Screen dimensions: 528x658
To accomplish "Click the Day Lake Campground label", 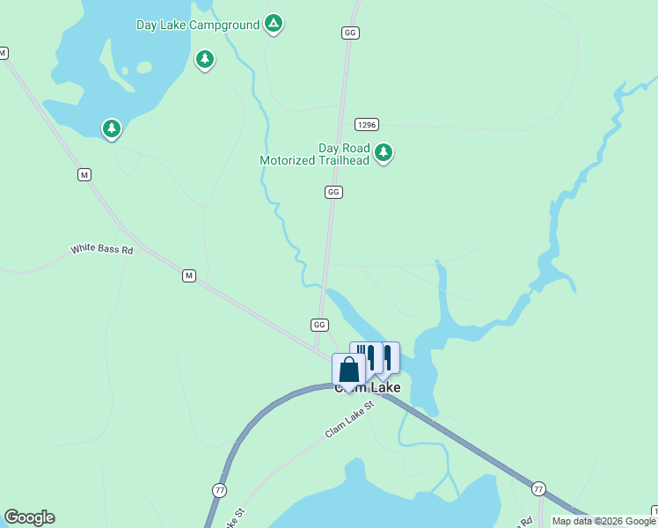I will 197,25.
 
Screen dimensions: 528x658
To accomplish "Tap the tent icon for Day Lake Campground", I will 274,24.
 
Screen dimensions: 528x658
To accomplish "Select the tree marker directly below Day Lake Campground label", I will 205,60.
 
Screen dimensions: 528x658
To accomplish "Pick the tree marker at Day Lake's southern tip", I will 112,129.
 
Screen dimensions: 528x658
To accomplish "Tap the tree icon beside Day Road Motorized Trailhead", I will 383,152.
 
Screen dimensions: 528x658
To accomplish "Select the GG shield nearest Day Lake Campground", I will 350,33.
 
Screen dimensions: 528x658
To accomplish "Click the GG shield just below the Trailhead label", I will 333,192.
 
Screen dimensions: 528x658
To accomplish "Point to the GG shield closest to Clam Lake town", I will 319,325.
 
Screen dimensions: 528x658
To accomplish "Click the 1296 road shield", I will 367,125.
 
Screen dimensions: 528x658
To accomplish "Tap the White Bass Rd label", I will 101,250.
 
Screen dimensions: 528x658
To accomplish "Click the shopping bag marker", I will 348,370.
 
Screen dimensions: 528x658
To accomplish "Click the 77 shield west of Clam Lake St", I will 219,489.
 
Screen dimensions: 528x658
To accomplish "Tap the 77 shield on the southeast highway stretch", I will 538,488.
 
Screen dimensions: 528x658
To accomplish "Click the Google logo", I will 29,517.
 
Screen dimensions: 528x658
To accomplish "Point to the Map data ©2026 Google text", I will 603,521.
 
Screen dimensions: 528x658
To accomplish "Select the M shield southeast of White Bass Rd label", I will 188,276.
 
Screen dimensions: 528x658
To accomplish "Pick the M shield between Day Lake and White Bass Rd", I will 84,175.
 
